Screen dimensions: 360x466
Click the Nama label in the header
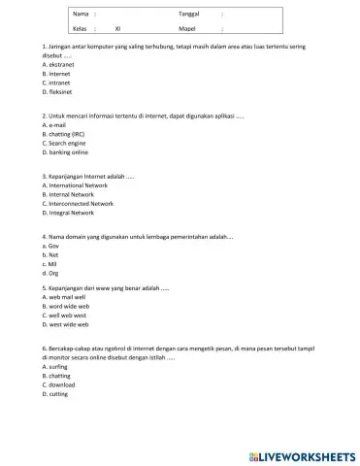click(x=81, y=15)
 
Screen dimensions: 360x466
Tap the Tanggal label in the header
click(x=190, y=15)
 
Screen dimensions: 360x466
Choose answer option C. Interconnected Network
click(x=79, y=204)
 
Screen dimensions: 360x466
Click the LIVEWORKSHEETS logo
click(x=301, y=454)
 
